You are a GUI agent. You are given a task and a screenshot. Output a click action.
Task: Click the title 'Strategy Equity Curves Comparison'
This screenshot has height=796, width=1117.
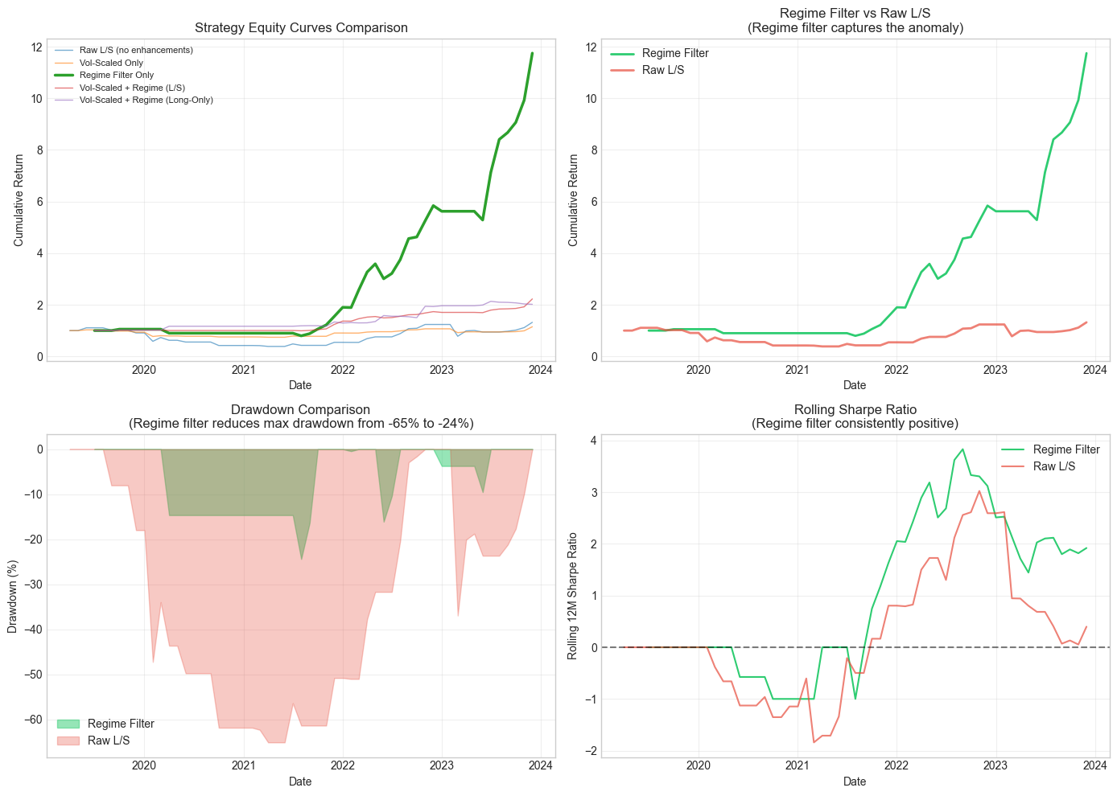(301, 28)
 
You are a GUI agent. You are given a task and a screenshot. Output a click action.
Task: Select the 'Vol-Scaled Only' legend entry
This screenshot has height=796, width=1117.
(111, 63)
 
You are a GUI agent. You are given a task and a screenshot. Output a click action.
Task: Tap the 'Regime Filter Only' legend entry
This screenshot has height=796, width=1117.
(116, 75)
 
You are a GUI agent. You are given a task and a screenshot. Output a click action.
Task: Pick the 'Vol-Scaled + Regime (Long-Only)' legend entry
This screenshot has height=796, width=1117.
(146, 100)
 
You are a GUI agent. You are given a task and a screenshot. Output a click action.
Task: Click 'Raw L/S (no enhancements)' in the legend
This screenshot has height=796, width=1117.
(136, 50)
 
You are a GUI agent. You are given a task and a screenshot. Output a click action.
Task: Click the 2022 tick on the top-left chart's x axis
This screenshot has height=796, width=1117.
(342, 370)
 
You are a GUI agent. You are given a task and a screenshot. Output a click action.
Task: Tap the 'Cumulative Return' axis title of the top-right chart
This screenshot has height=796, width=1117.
(573, 201)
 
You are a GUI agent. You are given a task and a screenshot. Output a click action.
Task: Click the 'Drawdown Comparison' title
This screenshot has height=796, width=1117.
(301, 410)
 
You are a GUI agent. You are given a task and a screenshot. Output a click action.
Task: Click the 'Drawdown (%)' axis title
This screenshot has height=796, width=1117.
(13, 596)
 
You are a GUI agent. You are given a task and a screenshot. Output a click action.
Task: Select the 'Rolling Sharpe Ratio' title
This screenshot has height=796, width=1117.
(855, 410)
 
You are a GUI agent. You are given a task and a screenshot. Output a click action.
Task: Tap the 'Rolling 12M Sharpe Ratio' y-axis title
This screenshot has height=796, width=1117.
(573, 596)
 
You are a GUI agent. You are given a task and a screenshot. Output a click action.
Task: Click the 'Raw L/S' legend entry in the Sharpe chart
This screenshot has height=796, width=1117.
(1054, 466)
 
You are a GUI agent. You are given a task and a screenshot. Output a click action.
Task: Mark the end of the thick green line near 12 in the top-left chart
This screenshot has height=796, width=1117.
(532, 53)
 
